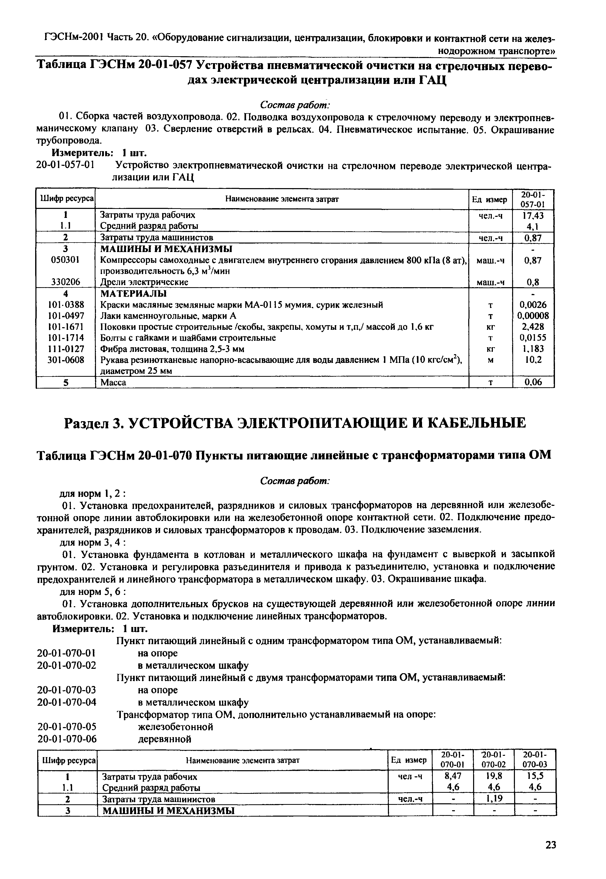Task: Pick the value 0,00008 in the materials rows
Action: pos(533,316)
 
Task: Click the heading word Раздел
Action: pos(90,423)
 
